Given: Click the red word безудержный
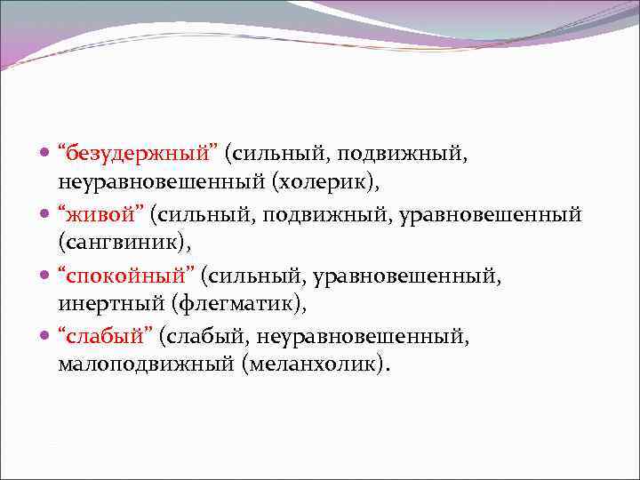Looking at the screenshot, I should [x=138, y=155].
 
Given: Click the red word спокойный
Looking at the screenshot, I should [x=125, y=276].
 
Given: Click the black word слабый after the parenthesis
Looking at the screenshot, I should [x=207, y=335].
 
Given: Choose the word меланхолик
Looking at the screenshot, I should [x=312, y=365].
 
